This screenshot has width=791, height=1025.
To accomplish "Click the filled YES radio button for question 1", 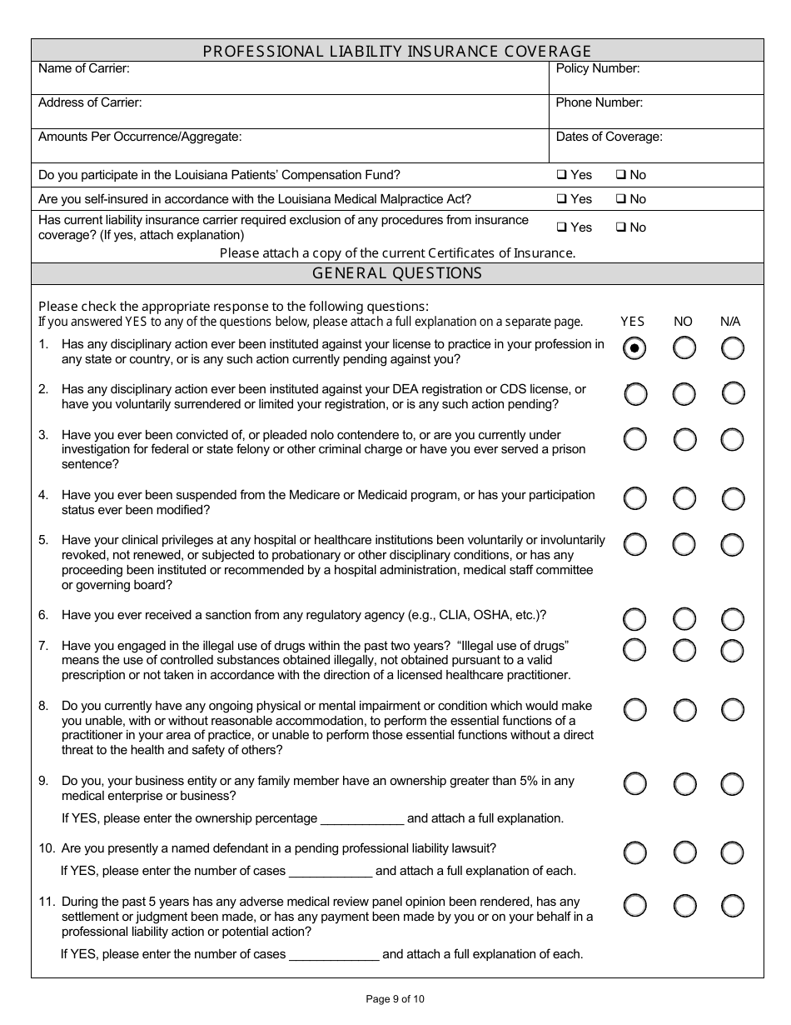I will tap(634, 348).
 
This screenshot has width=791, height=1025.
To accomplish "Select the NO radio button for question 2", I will tap(684, 393).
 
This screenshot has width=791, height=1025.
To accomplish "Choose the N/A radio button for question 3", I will tap(733, 439).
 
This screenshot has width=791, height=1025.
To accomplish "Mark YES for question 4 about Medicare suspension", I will tap(634, 499).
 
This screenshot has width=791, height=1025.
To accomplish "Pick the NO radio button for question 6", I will tap(684, 619).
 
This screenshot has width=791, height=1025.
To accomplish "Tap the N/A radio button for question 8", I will tap(733, 710).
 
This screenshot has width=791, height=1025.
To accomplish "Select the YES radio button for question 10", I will tap(634, 852).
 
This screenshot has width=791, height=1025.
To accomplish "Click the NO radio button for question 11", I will tap(684, 906).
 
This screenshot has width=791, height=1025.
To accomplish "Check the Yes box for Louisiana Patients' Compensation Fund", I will tap(561, 175).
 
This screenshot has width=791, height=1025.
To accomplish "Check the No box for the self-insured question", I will tap(620, 199).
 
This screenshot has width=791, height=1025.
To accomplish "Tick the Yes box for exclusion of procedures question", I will tap(561, 227).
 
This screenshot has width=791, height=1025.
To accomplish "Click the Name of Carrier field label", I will tap(84, 68).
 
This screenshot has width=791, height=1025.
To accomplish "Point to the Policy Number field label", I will tap(598, 68).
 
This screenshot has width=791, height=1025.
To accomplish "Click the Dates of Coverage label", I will tap(609, 137).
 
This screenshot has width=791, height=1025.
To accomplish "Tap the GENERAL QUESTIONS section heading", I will tap(397, 273).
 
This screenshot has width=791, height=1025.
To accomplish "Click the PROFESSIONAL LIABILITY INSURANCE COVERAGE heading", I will tap(397, 51).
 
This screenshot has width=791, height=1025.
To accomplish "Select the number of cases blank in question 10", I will tap(331, 872).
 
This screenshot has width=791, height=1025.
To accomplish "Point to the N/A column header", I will tap(730, 322).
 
